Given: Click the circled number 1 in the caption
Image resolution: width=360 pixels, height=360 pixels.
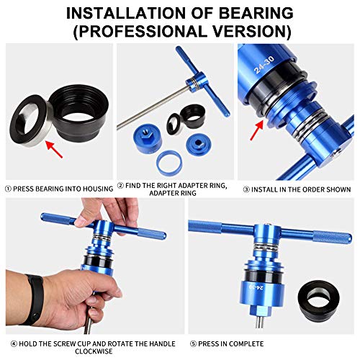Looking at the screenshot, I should point(8,189).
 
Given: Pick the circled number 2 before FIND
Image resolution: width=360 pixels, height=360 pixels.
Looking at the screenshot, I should point(120,186).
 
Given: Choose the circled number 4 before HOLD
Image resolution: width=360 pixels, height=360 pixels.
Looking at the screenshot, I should point(8,343).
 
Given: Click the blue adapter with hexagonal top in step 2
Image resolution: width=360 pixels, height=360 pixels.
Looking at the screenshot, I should point(147,136).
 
